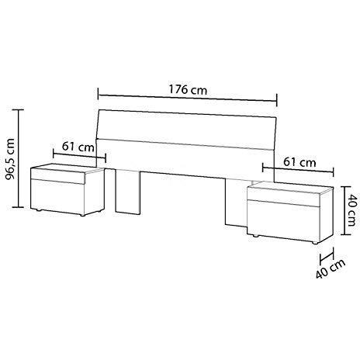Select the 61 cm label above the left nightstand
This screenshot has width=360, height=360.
pos(74,146)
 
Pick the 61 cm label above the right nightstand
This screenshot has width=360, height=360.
pos(299,162)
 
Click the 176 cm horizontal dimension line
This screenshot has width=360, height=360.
pos(187,99)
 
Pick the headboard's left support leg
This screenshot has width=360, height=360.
pos(130,192)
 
